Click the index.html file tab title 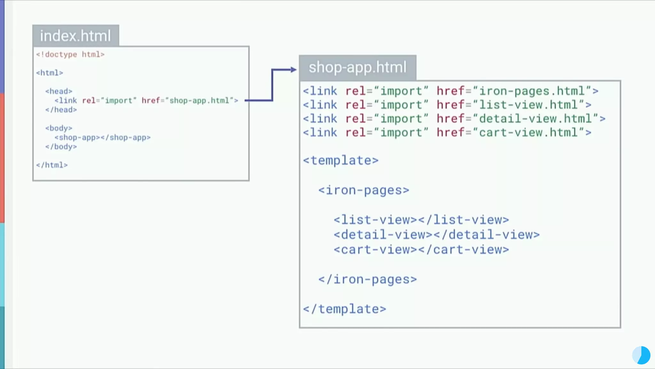[75, 36]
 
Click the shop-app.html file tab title [358, 68]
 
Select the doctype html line [70, 54]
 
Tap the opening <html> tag [50, 73]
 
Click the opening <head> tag [59, 91]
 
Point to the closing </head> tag [61, 110]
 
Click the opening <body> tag [59, 128]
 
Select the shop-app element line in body [102, 137]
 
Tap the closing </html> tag [52, 165]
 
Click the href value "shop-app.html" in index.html [199, 101]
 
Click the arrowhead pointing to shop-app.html [293, 70]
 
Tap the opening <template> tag [341, 160]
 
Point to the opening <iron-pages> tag [364, 190]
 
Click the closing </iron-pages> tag [367, 279]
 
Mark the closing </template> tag [344, 309]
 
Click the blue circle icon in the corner [641, 355]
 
